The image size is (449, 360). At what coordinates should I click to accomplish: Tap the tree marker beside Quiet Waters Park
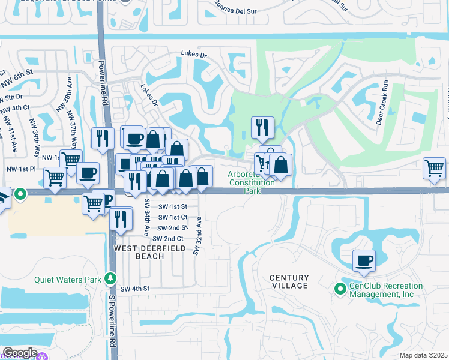click(x=110, y=278)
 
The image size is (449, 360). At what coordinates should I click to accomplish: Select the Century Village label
click(x=289, y=281)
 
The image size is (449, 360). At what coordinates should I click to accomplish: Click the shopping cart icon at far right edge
click(x=434, y=169)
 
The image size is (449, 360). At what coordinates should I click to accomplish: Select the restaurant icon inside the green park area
click(x=262, y=127)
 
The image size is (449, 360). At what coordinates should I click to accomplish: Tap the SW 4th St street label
click(x=134, y=289)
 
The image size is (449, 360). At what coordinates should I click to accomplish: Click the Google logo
click(x=20, y=352)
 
